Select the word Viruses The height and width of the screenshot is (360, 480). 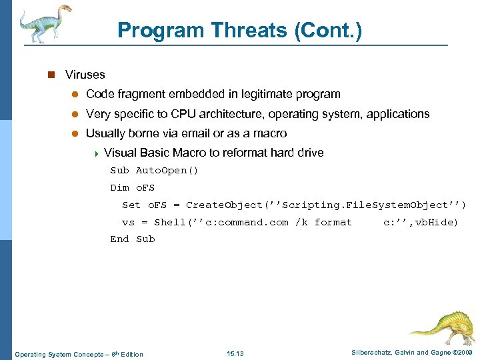point(85,75)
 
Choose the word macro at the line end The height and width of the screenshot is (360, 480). point(269,133)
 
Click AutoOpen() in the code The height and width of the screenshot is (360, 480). point(167,170)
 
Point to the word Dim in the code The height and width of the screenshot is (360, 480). point(120,187)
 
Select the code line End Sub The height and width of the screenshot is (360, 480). point(133,239)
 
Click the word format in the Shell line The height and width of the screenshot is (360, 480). point(333,222)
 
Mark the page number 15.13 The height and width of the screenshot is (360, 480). point(235,353)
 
